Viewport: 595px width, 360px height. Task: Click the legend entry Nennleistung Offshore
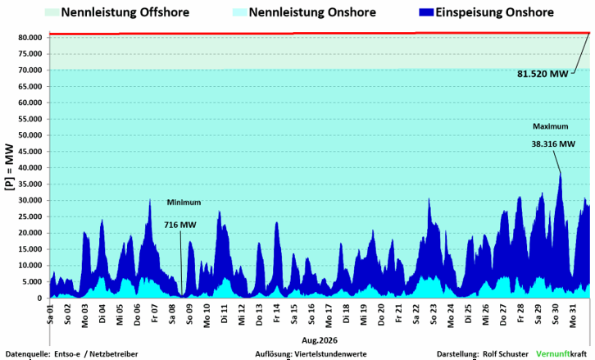tap(117, 12)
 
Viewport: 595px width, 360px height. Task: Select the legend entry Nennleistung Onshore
tap(304, 12)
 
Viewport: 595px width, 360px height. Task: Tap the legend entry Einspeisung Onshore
tap(487, 12)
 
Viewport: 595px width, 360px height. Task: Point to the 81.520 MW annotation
tap(543, 74)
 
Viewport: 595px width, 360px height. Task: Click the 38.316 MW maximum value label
tap(553, 144)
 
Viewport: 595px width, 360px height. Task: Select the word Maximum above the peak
tap(550, 126)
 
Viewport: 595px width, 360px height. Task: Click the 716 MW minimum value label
tap(179, 225)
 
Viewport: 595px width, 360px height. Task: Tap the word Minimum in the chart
tap(184, 203)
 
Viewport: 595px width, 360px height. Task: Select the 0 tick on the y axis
tap(39, 298)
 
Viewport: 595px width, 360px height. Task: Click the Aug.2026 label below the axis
tap(320, 340)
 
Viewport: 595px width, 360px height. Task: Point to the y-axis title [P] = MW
tap(9, 167)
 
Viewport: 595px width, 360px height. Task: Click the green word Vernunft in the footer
tap(553, 354)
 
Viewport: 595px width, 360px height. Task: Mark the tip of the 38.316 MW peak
tap(561, 173)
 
